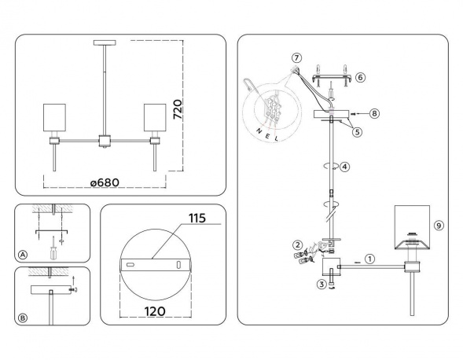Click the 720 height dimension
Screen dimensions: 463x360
coord(178,109)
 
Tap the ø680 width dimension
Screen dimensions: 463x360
coord(105,182)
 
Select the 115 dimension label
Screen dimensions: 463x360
coord(197,219)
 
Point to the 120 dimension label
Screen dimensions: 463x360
coord(155,311)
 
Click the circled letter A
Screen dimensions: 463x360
coord(23,255)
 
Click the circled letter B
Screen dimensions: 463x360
coord(23,318)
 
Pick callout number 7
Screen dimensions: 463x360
coord(296,58)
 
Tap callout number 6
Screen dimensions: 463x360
coord(360,77)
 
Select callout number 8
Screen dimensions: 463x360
coord(374,113)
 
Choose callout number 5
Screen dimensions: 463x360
coord(357,132)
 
